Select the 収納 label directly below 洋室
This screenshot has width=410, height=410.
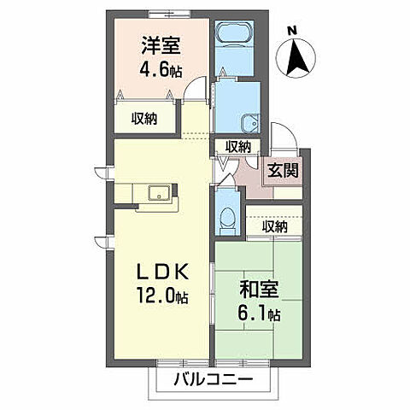(144, 118)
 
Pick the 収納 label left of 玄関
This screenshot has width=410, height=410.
(238, 146)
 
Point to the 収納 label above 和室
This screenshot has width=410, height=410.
(275, 226)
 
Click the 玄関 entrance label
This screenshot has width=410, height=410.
(282, 169)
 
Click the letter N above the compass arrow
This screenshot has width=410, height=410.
(292, 32)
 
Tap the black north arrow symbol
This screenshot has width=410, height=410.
(298, 58)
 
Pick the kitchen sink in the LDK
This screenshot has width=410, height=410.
(160, 192)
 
